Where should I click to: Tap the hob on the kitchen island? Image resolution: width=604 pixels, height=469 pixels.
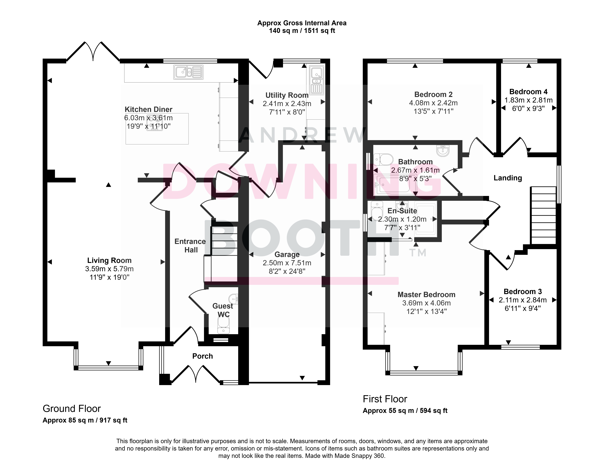pos(155,123)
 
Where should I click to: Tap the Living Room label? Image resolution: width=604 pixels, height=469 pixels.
pos(109,260)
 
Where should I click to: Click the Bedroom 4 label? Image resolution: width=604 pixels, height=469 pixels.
pos(528,92)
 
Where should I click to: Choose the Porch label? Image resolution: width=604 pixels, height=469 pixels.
pos(202,356)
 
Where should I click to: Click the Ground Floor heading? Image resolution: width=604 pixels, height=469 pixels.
pos(72,408)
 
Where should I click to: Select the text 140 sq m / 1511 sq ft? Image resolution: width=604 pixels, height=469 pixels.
pos(302,31)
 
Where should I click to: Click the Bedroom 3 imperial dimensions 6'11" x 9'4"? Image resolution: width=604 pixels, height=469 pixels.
pos(523,308)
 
